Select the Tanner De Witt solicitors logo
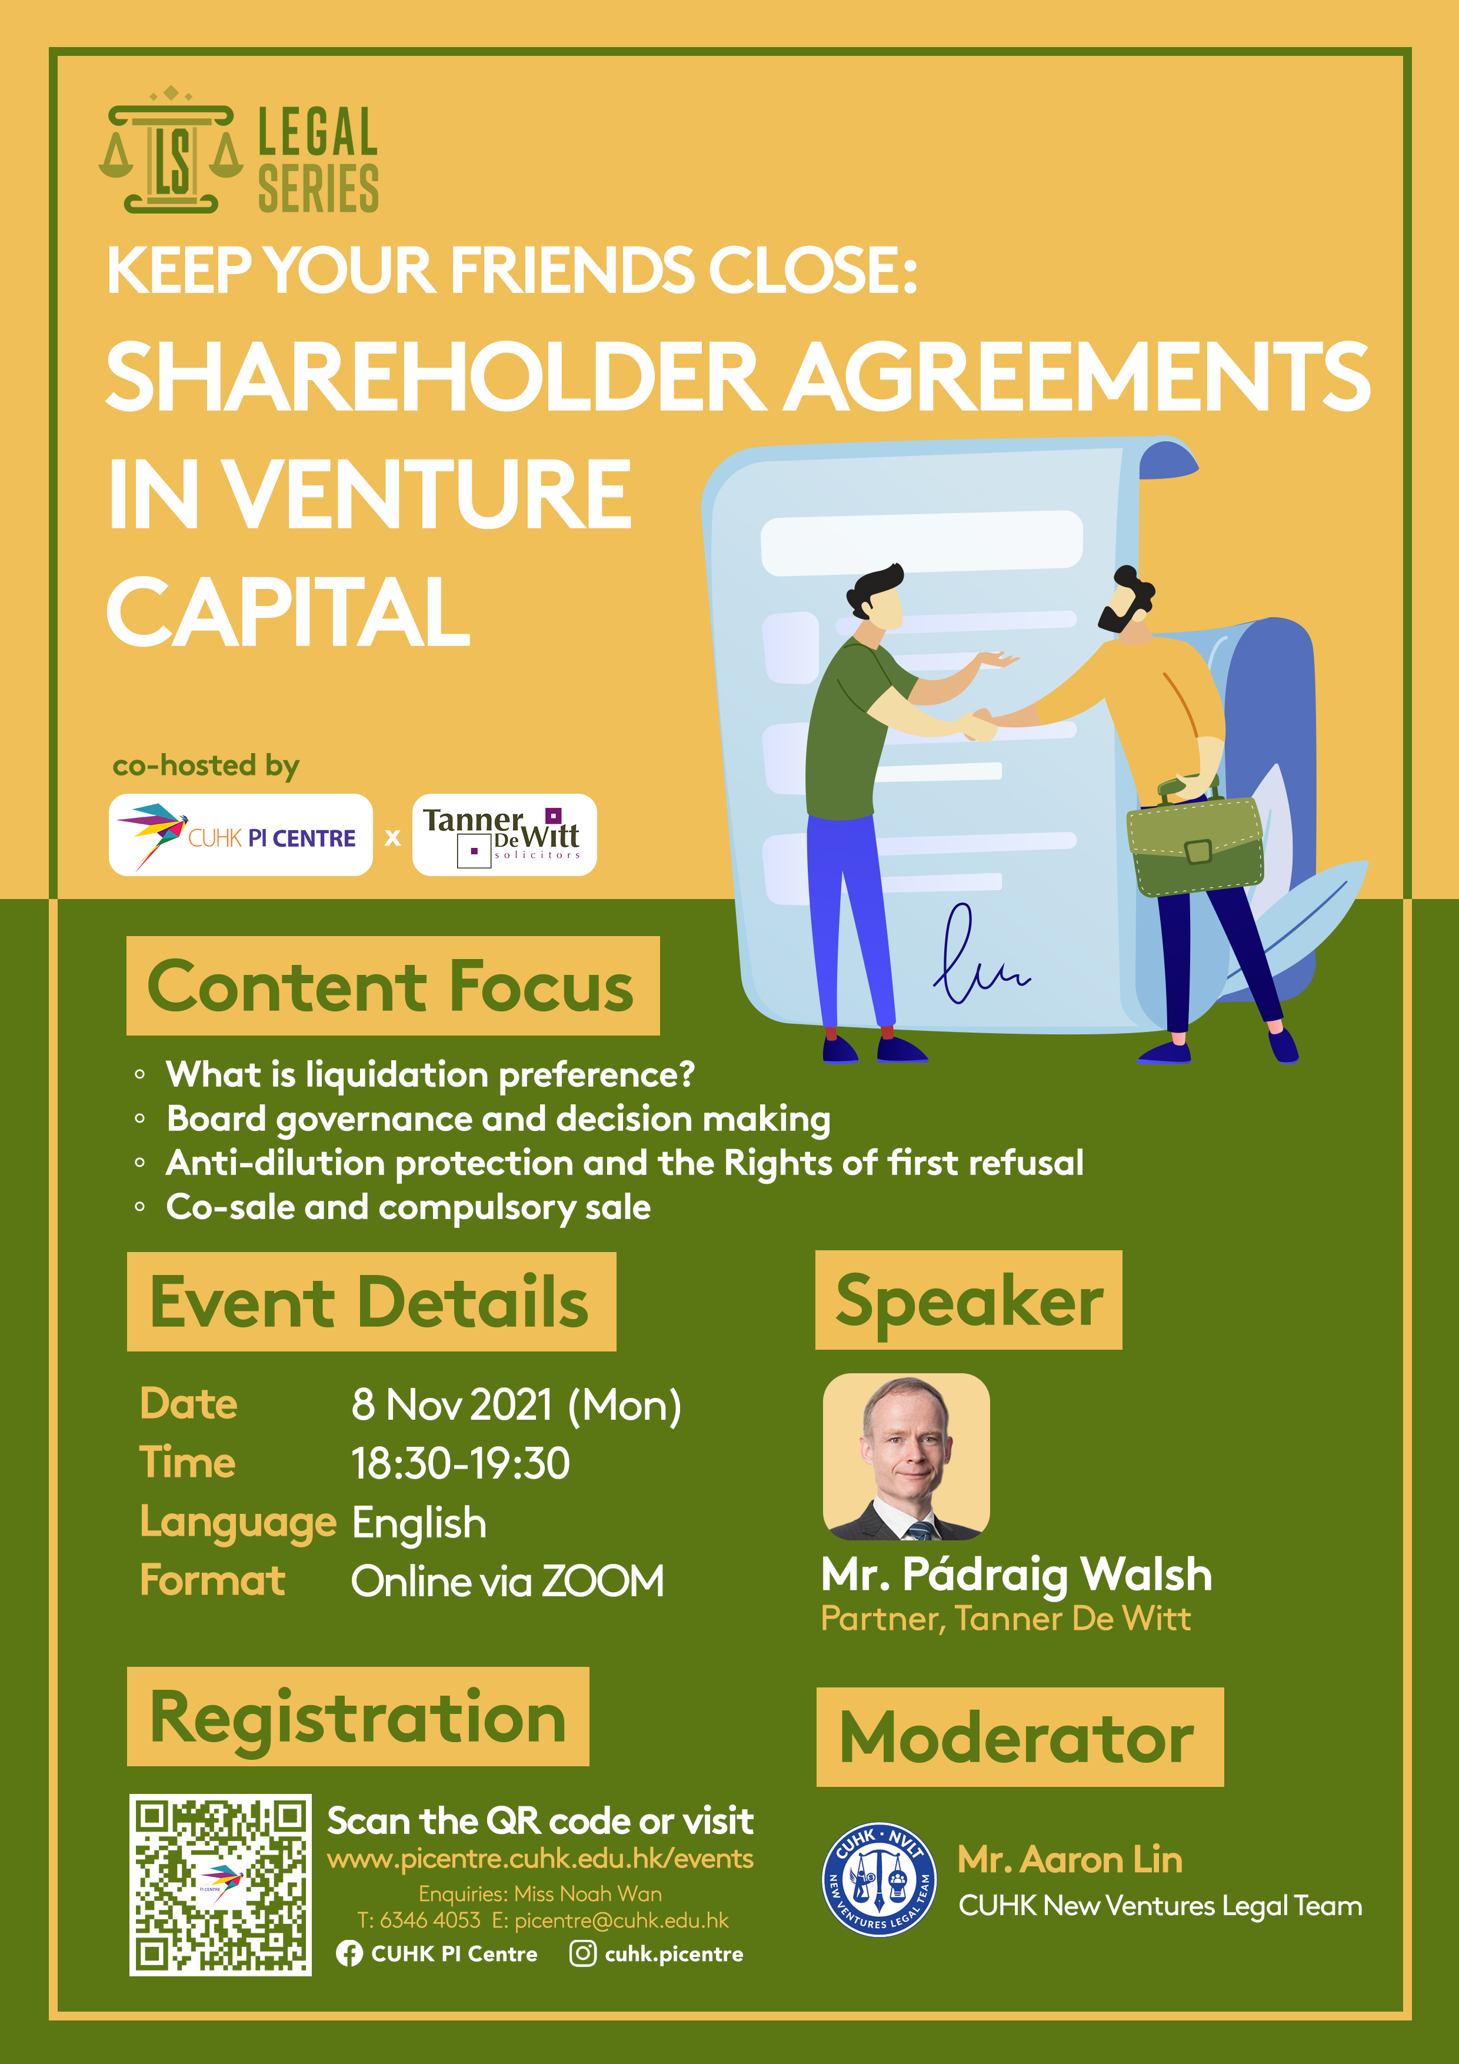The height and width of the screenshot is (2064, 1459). [504, 835]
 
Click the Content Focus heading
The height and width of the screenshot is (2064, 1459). [393, 986]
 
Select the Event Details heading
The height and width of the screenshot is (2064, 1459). [371, 1301]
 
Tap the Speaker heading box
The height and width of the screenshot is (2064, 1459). [969, 1300]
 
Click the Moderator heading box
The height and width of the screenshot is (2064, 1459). [1020, 1737]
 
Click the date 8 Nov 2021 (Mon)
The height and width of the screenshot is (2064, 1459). [516, 1405]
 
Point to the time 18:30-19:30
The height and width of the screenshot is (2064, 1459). [460, 1463]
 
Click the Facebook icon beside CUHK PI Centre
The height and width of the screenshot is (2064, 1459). [349, 1953]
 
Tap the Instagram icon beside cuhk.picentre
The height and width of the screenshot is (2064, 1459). [582, 1953]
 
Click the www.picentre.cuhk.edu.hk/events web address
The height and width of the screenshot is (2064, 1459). [540, 1858]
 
